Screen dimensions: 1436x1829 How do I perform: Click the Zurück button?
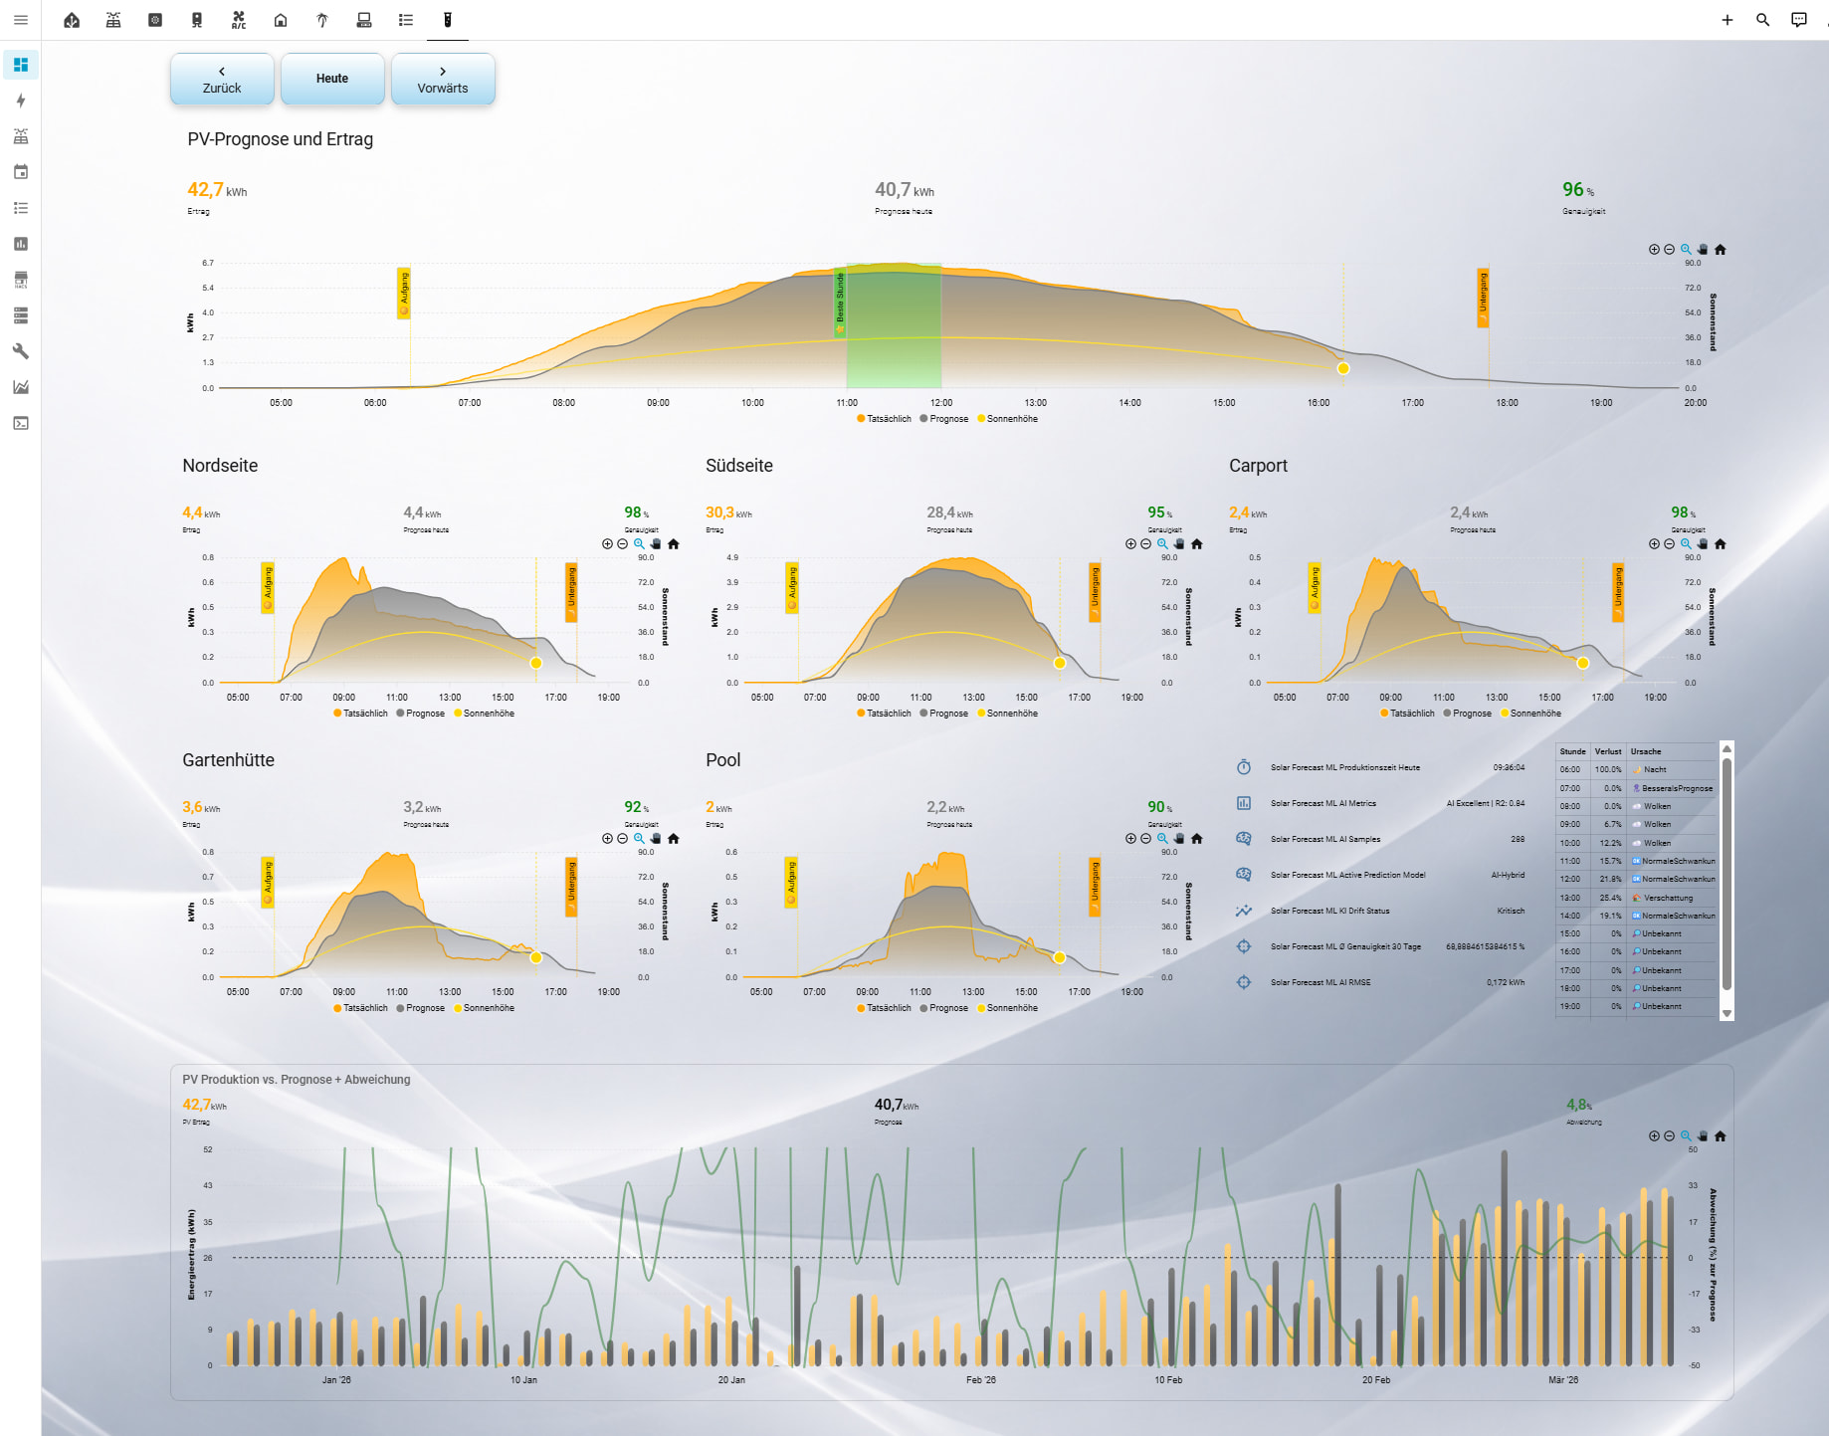(222, 80)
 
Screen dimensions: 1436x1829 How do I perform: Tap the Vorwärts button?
(443, 80)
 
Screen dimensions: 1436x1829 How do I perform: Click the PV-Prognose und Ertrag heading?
(280, 139)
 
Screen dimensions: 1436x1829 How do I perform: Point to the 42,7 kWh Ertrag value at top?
(205, 190)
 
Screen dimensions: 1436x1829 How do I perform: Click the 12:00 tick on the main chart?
(941, 403)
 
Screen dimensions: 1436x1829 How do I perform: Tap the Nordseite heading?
(220, 466)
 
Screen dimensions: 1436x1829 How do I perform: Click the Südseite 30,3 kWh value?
(720, 513)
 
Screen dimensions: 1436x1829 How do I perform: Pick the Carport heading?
(1258, 466)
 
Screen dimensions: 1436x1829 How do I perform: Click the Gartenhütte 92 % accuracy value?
(634, 807)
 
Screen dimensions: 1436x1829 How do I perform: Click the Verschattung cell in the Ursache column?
(1668, 898)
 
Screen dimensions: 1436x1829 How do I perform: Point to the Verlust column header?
(1608, 751)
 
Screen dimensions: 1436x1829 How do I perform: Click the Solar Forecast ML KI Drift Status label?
(1329, 911)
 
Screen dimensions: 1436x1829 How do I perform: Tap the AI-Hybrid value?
(1508, 875)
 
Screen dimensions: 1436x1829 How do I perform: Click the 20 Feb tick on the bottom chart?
(1375, 1380)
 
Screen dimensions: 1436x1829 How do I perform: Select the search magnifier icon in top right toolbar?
(1762, 20)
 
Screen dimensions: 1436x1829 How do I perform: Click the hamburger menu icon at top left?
(21, 20)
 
